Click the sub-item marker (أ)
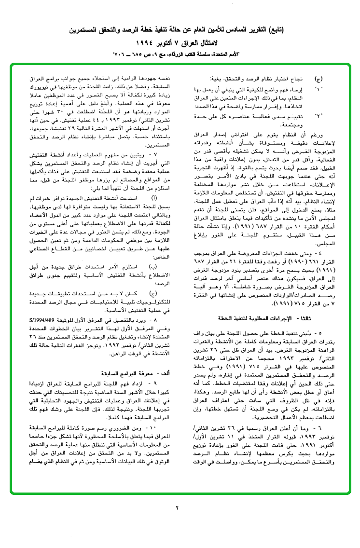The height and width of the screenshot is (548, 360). [153, 198]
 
